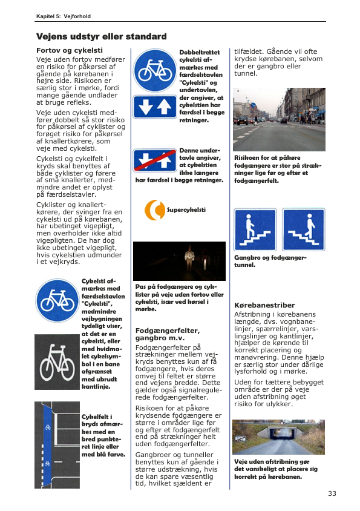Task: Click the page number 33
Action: pyautogui.click(x=332, y=493)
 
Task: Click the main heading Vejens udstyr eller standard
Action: pyautogui.click(x=101, y=36)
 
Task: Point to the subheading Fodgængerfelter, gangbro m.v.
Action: pyautogui.click(x=167, y=334)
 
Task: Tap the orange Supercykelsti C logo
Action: pyautogui.click(x=155, y=210)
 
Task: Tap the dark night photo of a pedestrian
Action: pyautogui.click(x=179, y=261)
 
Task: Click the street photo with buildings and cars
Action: pyautogui.click(x=279, y=119)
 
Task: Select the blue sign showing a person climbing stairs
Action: pyautogui.click(x=255, y=230)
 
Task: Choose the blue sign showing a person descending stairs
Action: pyautogui.click(x=304, y=230)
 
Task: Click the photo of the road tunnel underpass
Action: pyautogui.click(x=278, y=437)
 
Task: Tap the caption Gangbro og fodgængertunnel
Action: pyautogui.click(x=270, y=262)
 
